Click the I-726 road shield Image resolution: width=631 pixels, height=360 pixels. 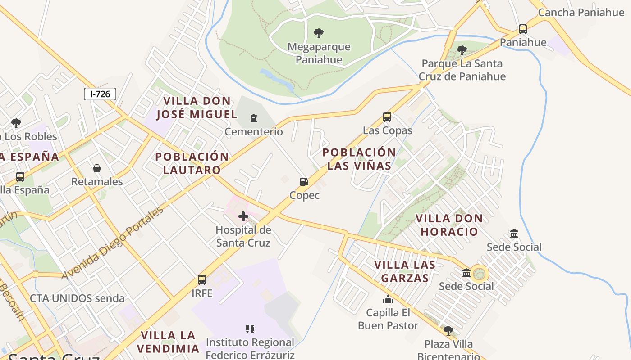point(100,94)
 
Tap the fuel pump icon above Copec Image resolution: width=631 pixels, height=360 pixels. point(304,182)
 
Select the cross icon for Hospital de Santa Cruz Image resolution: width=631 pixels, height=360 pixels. point(243,216)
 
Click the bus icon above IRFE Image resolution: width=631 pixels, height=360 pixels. point(202,280)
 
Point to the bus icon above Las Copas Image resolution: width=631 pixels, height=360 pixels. point(387,117)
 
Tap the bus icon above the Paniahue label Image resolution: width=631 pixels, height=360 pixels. point(523,29)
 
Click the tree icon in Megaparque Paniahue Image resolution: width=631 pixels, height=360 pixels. point(319,33)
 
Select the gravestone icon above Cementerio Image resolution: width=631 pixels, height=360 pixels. point(254,118)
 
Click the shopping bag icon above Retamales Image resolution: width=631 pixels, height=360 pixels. point(97,168)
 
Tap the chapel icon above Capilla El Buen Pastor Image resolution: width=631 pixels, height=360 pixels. point(388,299)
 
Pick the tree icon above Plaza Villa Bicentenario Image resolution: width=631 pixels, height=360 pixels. point(448,331)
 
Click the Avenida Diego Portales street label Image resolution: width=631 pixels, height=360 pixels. point(113,243)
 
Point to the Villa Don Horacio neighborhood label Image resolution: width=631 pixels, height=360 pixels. point(448,225)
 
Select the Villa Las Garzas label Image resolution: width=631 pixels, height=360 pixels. point(405,271)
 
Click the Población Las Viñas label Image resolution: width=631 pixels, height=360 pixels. point(359,159)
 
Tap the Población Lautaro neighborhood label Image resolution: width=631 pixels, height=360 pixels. point(192,163)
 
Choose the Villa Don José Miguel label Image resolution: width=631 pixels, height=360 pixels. point(197,108)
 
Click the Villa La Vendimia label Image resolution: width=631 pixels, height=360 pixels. point(168,342)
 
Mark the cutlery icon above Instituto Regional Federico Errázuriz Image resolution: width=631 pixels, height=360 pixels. point(250,329)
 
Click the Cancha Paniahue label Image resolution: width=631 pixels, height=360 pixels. point(581,12)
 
